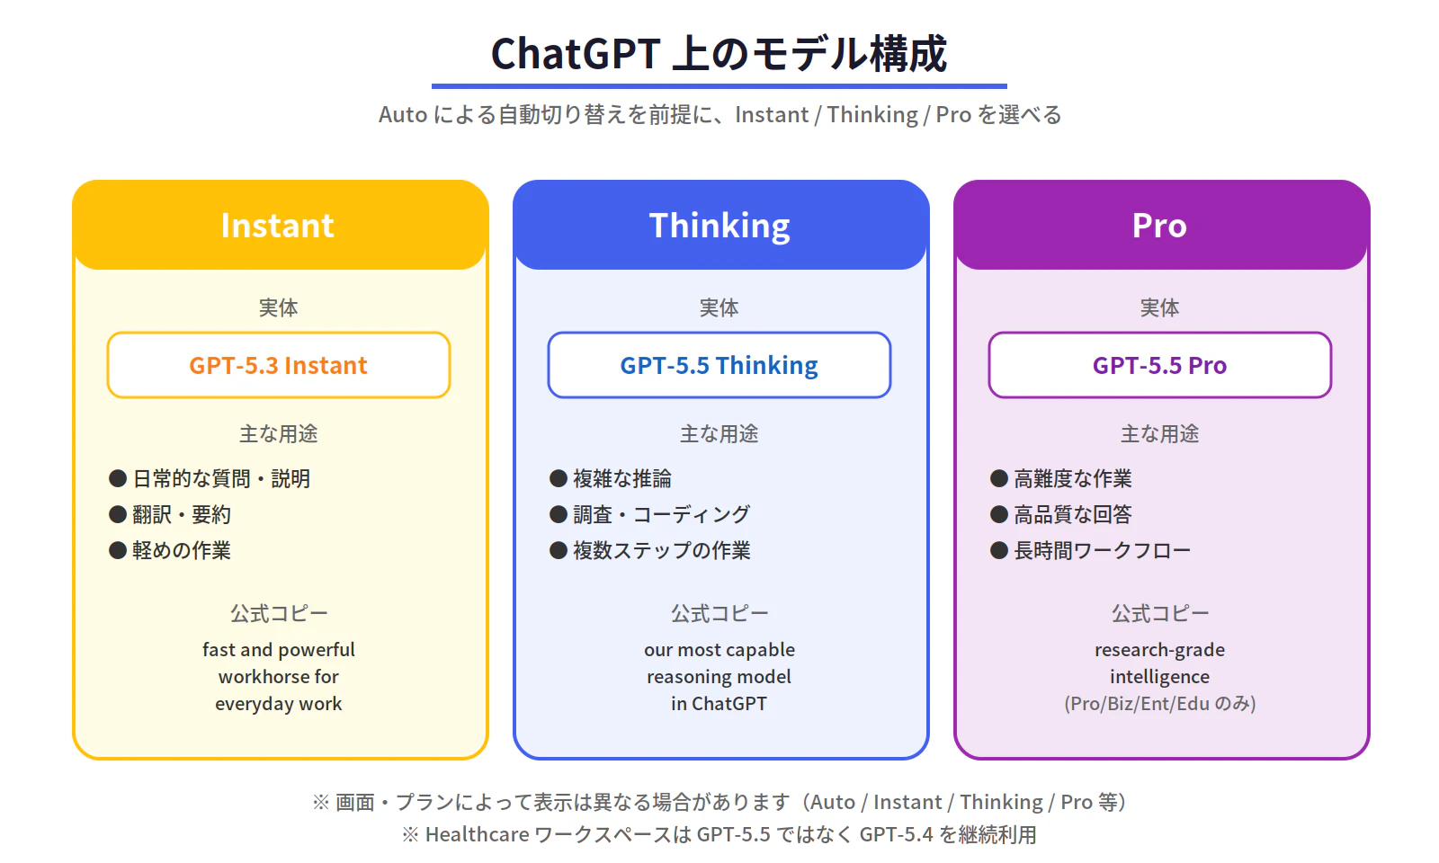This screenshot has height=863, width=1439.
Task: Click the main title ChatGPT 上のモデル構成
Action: [x=719, y=54]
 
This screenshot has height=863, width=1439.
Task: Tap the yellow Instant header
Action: [x=278, y=226]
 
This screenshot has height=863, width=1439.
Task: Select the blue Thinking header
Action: [x=719, y=226]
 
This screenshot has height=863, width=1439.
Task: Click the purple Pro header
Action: [x=1160, y=226]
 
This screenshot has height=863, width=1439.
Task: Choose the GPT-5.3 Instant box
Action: [x=278, y=365]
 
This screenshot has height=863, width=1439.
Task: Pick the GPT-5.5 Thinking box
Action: [x=719, y=365]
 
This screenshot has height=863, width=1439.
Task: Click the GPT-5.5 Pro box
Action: [x=1159, y=365]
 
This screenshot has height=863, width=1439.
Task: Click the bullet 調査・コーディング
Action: [x=661, y=514]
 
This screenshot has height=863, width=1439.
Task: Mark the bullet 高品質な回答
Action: [x=1072, y=514]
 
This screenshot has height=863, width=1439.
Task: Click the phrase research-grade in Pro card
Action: [x=1159, y=649]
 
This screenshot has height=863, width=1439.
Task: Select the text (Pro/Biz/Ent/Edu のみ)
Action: [x=1159, y=703]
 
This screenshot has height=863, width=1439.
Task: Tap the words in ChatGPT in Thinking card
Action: [x=719, y=703]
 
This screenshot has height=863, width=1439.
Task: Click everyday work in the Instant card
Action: [x=278, y=703]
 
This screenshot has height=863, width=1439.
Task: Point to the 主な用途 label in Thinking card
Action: [x=719, y=433]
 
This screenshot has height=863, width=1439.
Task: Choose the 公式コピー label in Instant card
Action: [x=278, y=613]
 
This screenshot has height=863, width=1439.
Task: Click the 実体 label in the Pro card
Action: [x=1159, y=307]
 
